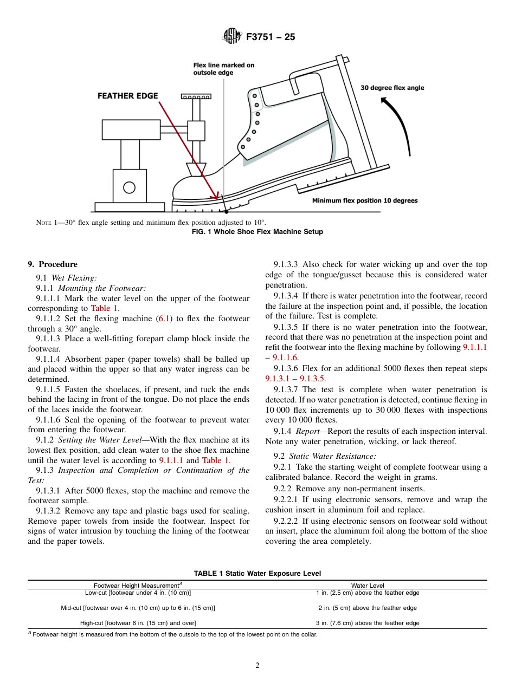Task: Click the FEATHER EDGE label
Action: [127, 96]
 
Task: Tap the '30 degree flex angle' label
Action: [392, 88]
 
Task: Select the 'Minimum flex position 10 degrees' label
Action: [365, 201]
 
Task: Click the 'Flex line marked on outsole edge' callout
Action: [223, 69]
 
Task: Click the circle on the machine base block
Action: [129, 187]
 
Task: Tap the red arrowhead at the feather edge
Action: [219, 196]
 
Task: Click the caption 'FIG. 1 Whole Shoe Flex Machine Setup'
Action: [257, 232]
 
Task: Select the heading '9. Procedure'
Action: [53, 264]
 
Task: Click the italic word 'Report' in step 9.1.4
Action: [307, 431]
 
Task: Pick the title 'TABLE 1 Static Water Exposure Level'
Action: [257, 573]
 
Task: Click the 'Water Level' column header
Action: [368, 586]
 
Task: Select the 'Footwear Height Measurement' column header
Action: [138, 586]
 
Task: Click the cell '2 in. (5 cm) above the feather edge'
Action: [368, 608]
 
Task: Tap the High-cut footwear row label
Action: [138, 623]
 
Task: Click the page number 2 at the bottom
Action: [257, 666]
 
